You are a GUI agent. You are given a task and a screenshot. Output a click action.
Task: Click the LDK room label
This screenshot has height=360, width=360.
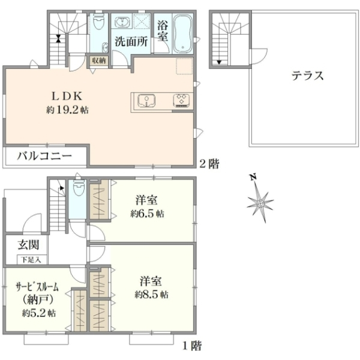(x=67, y=96)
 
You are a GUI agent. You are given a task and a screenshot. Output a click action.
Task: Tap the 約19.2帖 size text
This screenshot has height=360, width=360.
(x=67, y=110)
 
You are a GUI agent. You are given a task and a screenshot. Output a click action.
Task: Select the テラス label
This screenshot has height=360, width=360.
(x=308, y=76)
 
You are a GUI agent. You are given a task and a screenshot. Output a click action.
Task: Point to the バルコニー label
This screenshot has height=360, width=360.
(x=44, y=156)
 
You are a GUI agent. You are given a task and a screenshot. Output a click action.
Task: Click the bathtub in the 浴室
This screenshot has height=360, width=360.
(x=183, y=34)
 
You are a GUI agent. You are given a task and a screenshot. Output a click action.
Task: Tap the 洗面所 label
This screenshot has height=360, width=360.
(x=131, y=41)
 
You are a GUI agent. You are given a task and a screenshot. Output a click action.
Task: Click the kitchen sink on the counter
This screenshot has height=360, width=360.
(x=146, y=101)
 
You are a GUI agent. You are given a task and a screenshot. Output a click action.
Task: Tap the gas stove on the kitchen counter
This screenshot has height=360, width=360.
(x=181, y=101)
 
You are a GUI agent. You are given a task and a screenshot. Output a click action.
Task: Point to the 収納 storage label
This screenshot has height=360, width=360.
(x=99, y=61)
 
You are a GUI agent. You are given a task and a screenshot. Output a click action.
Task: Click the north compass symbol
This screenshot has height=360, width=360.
(x=260, y=199)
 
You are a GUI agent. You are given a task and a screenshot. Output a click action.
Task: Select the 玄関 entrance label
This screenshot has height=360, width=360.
(x=28, y=245)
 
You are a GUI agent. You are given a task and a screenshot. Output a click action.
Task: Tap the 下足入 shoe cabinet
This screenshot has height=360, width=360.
(x=31, y=260)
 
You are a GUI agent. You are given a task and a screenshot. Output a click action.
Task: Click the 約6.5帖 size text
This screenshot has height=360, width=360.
(x=147, y=214)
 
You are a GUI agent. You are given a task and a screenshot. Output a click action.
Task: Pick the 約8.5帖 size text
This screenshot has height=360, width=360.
(x=152, y=295)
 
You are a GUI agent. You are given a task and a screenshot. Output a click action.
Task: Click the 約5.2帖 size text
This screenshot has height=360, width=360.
(x=39, y=313)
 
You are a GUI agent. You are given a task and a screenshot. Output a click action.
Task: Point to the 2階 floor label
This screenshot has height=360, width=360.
(x=209, y=164)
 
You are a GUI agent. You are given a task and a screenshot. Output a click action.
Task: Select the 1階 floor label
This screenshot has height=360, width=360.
(x=192, y=346)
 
